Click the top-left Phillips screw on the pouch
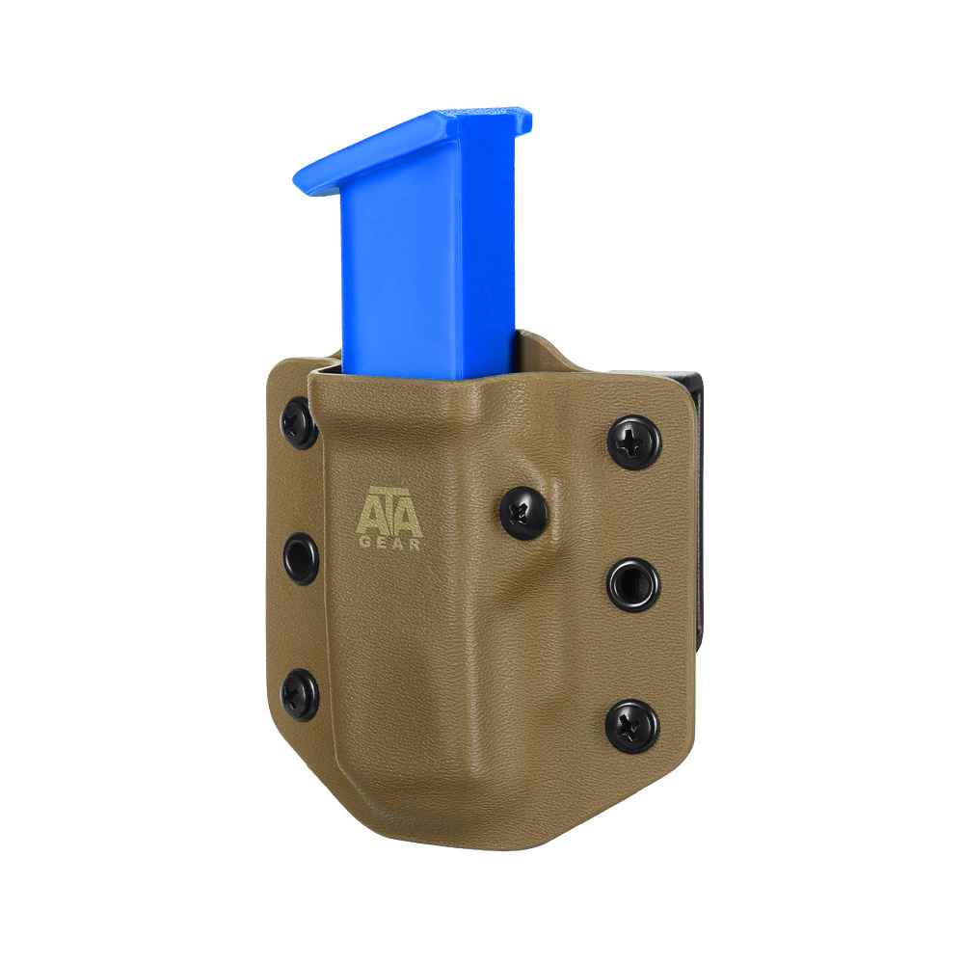(299, 423)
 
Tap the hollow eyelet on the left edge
(301, 559)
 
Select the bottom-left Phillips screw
(300, 695)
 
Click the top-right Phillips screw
(634, 442)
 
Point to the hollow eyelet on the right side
(633, 584)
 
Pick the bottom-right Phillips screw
(632, 727)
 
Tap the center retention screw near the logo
(523, 513)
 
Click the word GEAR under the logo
(389, 544)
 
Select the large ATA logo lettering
(389, 512)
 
